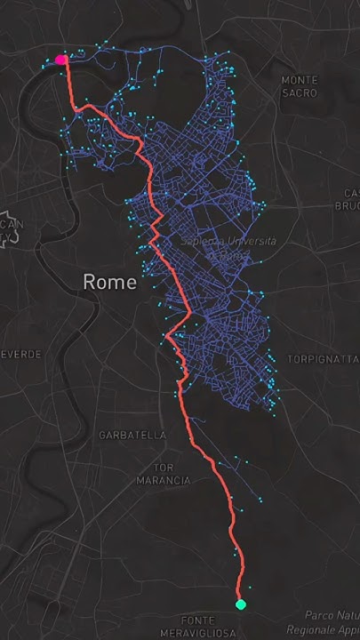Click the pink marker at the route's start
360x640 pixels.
pyautogui.click(x=61, y=60)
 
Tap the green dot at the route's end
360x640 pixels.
pyautogui.click(x=240, y=604)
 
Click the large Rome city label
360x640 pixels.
pyautogui.click(x=110, y=282)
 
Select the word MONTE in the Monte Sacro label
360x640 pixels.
pyautogui.click(x=300, y=80)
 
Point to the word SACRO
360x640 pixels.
pyautogui.click(x=300, y=92)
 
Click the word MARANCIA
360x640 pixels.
pyautogui.click(x=163, y=480)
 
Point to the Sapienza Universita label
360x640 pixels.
pyautogui.click(x=228, y=247)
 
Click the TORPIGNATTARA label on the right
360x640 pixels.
pyautogui.click(x=322, y=360)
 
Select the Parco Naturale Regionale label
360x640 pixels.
pyautogui.click(x=324, y=622)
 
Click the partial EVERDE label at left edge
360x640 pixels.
pyautogui.click(x=20, y=354)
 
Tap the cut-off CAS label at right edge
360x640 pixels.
pyautogui.click(x=351, y=193)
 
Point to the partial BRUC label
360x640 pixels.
pyautogui.click(x=347, y=205)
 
